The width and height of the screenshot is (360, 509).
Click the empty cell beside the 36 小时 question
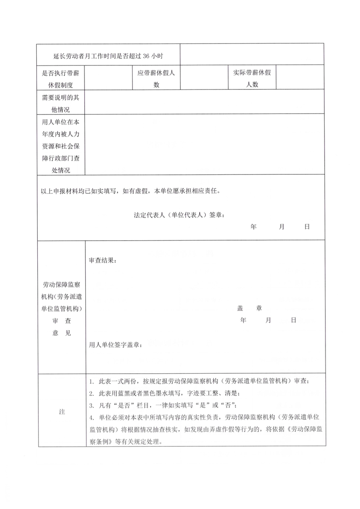[252, 54]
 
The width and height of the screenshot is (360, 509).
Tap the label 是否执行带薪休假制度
[60, 78]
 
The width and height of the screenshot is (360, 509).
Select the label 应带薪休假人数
[156, 78]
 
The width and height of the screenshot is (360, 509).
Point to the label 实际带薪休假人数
[252, 78]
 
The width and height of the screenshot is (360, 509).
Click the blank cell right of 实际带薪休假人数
[300, 78]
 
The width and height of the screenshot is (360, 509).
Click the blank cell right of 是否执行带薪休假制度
[108, 78]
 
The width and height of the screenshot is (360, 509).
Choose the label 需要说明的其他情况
[60, 103]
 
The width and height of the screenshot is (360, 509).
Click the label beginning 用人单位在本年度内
[60, 146]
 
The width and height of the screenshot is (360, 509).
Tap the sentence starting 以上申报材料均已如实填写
[130, 191]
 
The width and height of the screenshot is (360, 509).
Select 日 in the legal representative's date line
[307, 227]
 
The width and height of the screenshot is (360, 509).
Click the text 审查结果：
[102, 260]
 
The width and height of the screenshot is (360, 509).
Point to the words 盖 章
[249, 308]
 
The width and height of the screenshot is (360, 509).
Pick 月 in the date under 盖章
[268, 320]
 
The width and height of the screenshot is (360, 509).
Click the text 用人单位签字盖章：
[116, 345]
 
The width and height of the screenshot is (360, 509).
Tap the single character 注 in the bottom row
[62, 411]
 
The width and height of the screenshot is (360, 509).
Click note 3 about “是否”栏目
[163, 405]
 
